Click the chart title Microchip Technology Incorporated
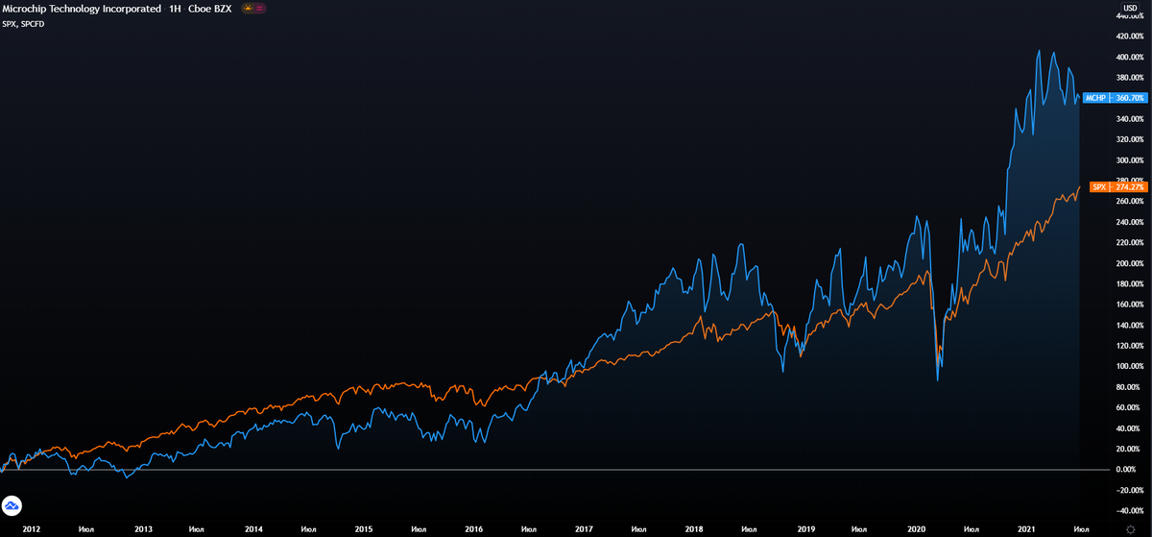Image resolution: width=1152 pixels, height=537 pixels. [x=82, y=8]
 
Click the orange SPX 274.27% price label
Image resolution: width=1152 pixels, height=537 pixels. [x=1115, y=187]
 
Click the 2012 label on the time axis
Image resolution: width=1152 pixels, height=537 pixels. [x=32, y=529]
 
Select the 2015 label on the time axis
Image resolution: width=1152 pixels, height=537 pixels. [x=364, y=529]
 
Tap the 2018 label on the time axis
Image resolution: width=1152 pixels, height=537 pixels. [x=695, y=529]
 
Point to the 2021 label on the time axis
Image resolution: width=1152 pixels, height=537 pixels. [x=1027, y=529]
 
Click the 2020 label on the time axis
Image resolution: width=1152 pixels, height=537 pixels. [x=917, y=529]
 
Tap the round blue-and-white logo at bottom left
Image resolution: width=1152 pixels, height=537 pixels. [x=12, y=505]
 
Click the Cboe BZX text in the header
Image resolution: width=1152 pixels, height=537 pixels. [x=209, y=8]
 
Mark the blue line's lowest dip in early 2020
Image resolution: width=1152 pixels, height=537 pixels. [x=937, y=381]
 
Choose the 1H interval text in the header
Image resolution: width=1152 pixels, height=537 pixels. [x=176, y=8]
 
